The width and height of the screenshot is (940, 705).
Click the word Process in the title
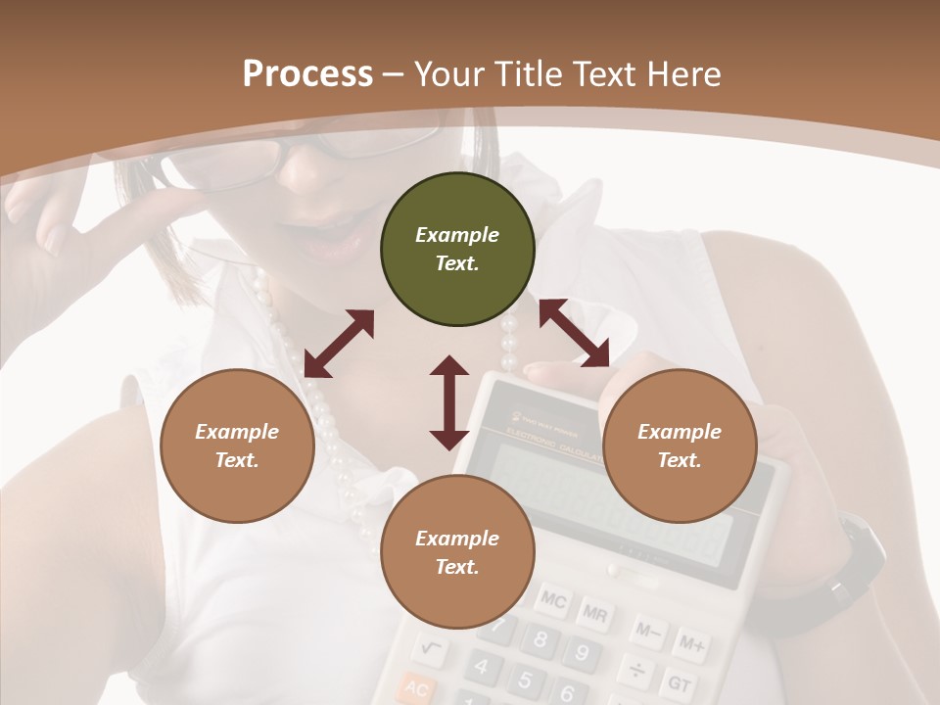[307, 73]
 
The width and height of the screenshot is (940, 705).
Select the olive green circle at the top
[457, 249]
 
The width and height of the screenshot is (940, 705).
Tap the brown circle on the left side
[237, 446]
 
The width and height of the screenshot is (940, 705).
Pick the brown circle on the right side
[680, 446]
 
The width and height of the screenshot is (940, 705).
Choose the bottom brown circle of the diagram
[457, 552]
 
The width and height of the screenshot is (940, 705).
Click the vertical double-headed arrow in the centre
[449, 402]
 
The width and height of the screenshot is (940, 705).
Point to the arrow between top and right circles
[574, 333]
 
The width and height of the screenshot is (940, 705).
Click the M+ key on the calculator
[692, 643]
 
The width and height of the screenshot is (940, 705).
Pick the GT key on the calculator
[679, 681]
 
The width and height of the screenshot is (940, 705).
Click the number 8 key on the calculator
[540, 641]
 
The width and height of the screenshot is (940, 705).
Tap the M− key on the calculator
[648, 630]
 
